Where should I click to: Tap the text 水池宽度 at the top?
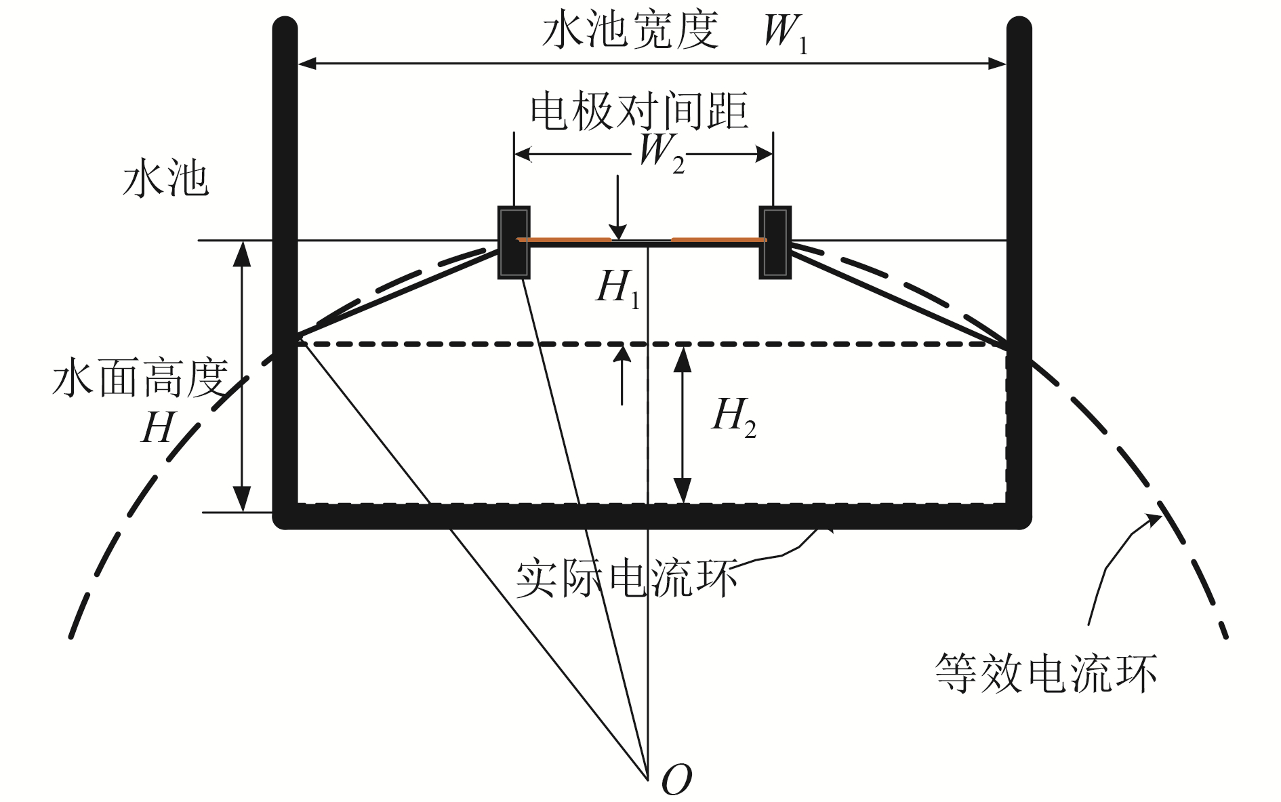pos(630,31)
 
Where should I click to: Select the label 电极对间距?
pos(638,112)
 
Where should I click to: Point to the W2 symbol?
pos(661,153)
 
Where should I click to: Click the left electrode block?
pos(514,242)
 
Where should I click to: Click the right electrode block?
pos(775,242)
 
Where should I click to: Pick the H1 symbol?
pos(617,288)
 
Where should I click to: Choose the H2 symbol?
pos(734,417)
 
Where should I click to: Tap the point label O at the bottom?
pos(676,780)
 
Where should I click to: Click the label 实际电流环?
pos(626,580)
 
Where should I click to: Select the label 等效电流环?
pos(1046,673)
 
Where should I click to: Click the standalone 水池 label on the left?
pos(165,180)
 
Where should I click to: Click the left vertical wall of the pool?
pos(285,271)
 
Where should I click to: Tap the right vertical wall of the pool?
pos(1019,271)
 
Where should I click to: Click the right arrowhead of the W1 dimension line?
pos(998,64)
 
